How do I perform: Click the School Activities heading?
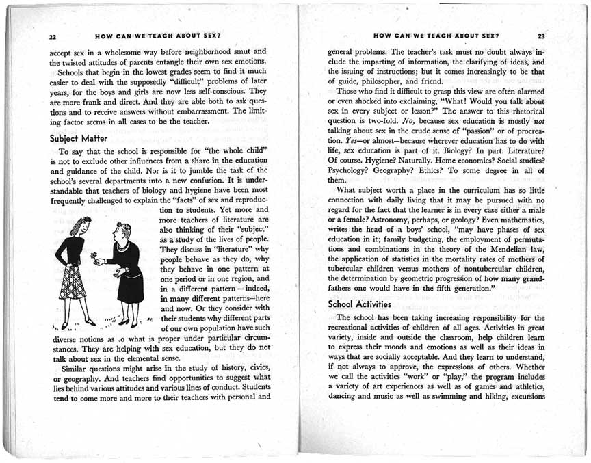pyautogui.click(x=359, y=304)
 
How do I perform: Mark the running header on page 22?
pyautogui.click(x=157, y=34)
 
